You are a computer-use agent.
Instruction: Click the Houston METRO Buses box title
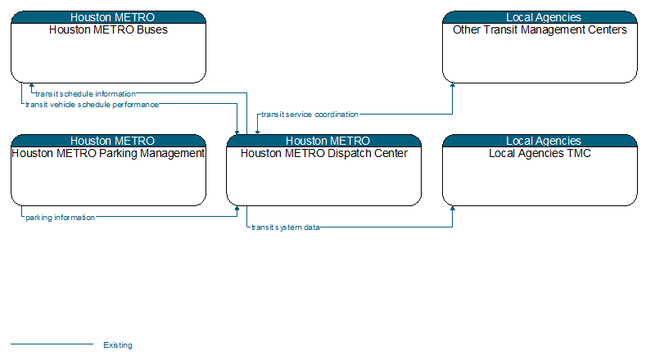click(x=108, y=29)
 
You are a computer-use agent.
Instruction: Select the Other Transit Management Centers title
click(x=540, y=29)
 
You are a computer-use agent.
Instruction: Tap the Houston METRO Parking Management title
click(x=108, y=153)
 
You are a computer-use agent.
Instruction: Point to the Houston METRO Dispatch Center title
click(x=324, y=153)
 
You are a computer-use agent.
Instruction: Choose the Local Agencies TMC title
click(x=540, y=153)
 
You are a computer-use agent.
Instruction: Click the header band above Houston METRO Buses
click(x=108, y=17)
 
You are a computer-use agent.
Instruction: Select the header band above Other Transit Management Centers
click(x=540, y=17)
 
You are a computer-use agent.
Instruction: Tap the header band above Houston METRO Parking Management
click(x=108, y=141)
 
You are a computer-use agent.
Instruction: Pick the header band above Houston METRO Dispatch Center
click(x=324, y=141)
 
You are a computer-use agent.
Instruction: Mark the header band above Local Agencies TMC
click(x=540, y=141)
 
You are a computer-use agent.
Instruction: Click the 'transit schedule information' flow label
click(x=85, y=94)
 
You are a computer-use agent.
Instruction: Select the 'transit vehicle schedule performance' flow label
click(x=92, y=105)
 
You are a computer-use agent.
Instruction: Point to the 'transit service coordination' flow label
click(x=309, y=115)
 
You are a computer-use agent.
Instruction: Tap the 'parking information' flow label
click(x=60, y=218)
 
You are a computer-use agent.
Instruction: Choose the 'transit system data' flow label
click(x=286, y=227)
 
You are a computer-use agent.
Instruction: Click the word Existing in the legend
click(x=118, y=345)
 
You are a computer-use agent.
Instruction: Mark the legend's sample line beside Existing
click(x=52, y=344)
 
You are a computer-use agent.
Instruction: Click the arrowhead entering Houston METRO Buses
click(x=32, y=85)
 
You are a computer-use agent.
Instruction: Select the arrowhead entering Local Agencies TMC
click(x=453, y=209)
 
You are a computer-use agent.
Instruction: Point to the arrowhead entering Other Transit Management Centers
click(x=453, y=85)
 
